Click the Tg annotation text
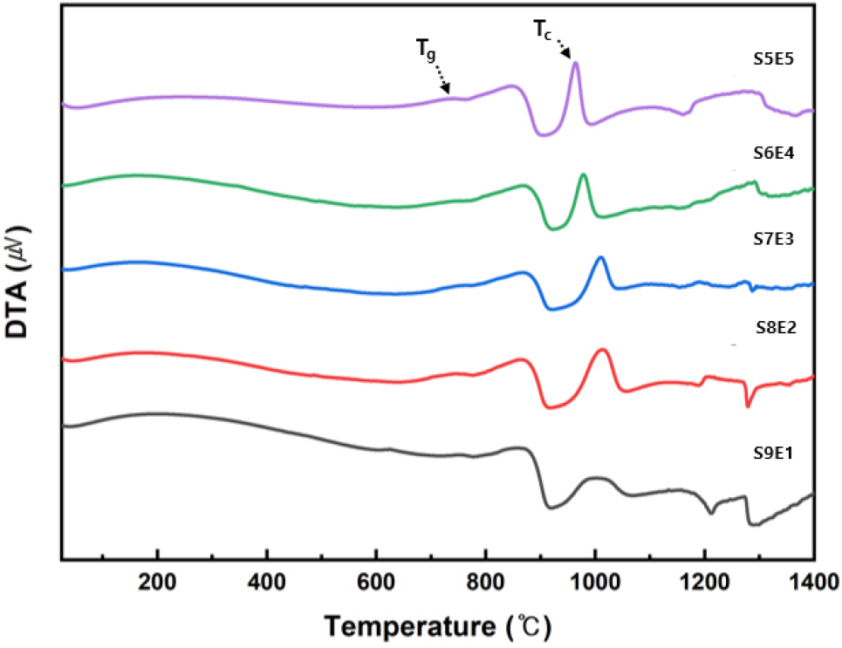pyautogui.click(x=424, y=51)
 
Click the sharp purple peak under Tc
pyautogui.click(x=575, y=64)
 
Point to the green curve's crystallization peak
pyautogui.click(x=584, y=175)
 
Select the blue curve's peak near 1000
pyautogui.click(x=600, y=258)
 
